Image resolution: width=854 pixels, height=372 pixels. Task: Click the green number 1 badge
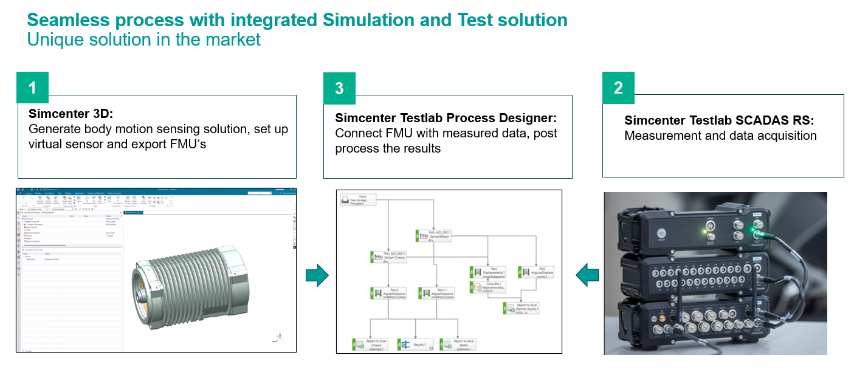click(x=32, y=88)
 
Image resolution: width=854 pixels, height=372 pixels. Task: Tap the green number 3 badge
click(x=339, y=88)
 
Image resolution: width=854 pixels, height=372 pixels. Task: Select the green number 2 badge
click(x=618, y=88)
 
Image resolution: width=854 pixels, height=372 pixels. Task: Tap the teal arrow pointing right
click(x=317, y=275)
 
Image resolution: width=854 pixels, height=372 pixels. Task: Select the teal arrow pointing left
click(x=587, y=275)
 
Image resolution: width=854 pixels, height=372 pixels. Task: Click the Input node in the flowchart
click(x=359, y=201)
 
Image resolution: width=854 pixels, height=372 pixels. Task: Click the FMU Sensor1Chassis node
click(x=390, y=257)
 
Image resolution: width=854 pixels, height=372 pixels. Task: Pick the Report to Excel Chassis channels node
click(x=371, y=345)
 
